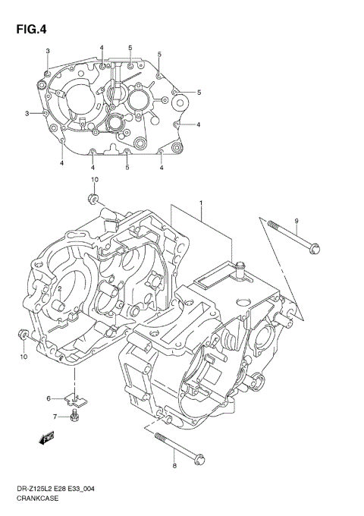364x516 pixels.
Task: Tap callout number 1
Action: coord(201,204)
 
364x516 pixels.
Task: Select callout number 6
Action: coord(49,398)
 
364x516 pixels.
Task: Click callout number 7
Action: coord(55,416)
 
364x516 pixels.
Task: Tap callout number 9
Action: coord(297,221)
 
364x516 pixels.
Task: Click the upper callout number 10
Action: coord(95,180)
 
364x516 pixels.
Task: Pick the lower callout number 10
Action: coord(23,357)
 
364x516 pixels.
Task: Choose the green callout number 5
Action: coord(159,54)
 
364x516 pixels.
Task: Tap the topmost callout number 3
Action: coord(47,51)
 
